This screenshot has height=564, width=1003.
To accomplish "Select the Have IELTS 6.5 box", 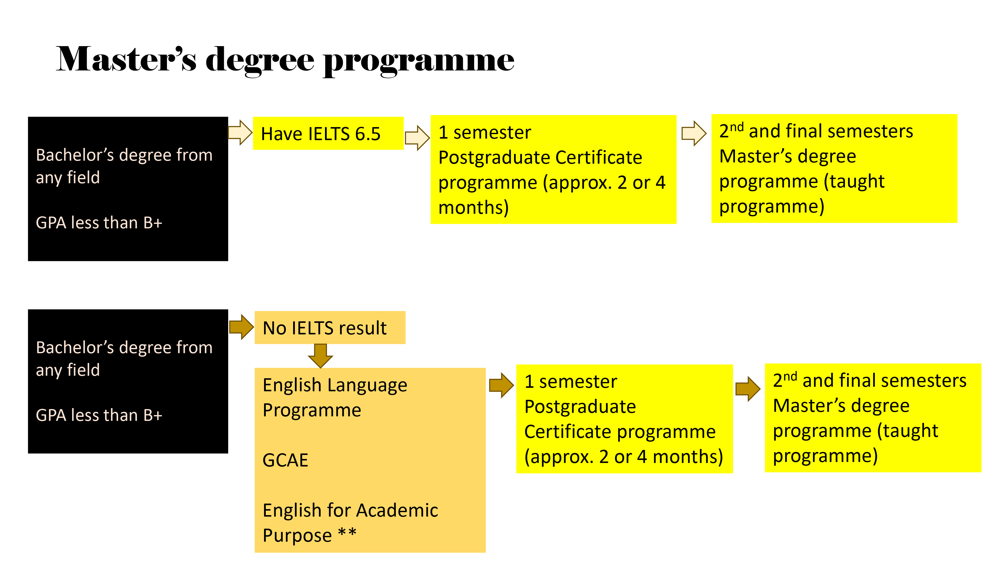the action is (x=328, y=133).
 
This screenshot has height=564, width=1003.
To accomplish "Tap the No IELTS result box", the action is (x=330, y=327).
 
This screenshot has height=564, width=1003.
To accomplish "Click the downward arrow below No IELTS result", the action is (x=320, y=356).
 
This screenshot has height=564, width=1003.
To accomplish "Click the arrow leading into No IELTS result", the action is (x=241, y=327).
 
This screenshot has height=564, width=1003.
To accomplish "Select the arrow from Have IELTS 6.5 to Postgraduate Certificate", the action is (x=417, y=137).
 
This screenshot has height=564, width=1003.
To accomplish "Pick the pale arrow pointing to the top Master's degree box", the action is (x=694, y=133).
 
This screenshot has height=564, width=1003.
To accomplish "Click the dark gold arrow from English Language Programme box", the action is (x=501, y=385).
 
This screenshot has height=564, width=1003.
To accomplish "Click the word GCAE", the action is (x=285, y=460).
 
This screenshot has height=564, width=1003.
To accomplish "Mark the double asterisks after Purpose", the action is (x=347, y=532).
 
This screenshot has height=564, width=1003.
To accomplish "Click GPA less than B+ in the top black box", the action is (x=99, y=223).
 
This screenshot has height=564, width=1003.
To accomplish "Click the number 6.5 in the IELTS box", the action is (x=368, y=134).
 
